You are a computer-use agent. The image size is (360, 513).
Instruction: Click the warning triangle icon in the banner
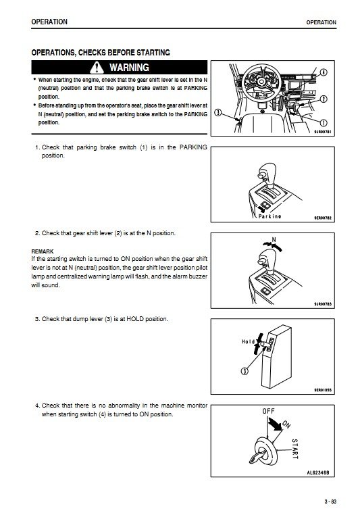pyautogui.click(x=97, y=68)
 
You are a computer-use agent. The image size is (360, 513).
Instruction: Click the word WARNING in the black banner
pyautogui.click(x=129, y=68)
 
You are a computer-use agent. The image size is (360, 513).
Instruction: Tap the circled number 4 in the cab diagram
pyautogui.click(x=324, y=72)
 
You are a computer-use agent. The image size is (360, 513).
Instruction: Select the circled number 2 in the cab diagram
pyautogui.click(x=324, y=99)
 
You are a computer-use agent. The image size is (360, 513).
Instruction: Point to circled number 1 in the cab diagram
pyautogui.click(x=324, y=123)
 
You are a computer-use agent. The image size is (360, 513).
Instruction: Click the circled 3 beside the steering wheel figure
pyautogui.click(x=217, y=113)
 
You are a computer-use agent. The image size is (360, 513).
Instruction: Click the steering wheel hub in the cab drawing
pyautogui.click(x=261, y=81)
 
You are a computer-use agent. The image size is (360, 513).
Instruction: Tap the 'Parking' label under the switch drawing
pyautogui.click(x=269, y=216)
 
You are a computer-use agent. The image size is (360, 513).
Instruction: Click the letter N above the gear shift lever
pyautogui.click(x=274, y=240)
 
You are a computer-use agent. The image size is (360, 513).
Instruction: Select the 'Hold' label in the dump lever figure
pyautogui.click(x=248, y=341)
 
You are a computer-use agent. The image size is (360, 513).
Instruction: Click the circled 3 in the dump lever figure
pyautogui.click(x=245, y=371)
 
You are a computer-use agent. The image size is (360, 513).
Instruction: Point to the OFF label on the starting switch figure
pyautogui.click(x=268, y=411)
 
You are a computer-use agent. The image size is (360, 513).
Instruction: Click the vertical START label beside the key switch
pyautogui.click(x=294, y=449)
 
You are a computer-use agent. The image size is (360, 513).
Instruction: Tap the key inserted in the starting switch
pyautogui.click(x=257, y=456)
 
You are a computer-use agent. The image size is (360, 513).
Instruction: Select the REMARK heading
pyautogui.click(x=43, y=251)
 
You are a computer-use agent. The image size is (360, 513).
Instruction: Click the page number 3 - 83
pyautogui.click(x=330, y=502)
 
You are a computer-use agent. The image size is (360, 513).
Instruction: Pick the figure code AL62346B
pyautogui.click(x=318, y=472)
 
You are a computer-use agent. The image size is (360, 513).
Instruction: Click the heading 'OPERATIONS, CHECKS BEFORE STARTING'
pyautogui.click(x=101, y=53)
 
